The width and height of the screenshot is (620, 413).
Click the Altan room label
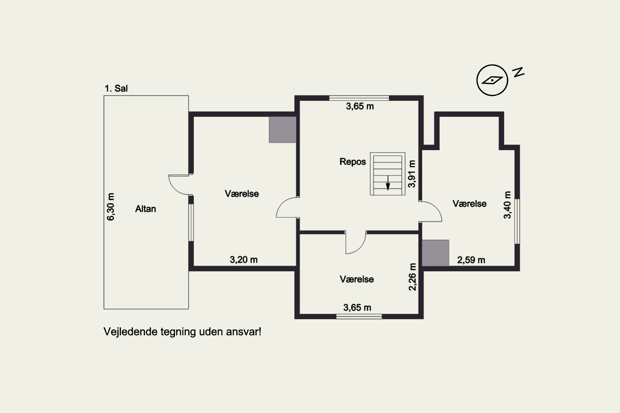click(x=145, y=209)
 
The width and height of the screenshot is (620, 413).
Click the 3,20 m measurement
click(x=244, y=260)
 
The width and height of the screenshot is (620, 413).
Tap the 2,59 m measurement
click(x=471, y=260)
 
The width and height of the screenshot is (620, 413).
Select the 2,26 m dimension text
click(x=412, y=277)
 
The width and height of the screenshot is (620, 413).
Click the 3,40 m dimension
click(x=507, y=205)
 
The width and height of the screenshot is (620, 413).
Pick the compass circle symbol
click(x=492, y=80)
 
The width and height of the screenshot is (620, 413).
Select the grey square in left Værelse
click(x=282, y=130)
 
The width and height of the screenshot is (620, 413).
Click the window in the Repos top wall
click(x=359, y=98)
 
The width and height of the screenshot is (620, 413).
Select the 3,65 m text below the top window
click(x=360, y=106)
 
